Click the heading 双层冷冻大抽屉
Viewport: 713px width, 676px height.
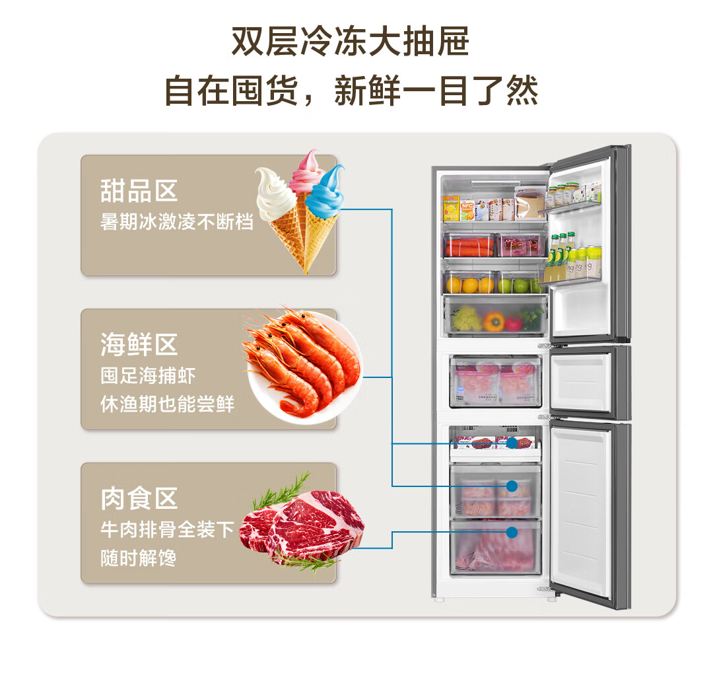tap(350, 42)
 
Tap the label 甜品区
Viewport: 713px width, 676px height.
tap(139, 191)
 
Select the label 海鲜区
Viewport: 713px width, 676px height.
tap(139, 344)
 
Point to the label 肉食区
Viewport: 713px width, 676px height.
tap(139, 498)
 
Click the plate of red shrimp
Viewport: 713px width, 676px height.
tap(303, 363)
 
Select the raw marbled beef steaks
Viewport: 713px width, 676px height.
tap(302, 523)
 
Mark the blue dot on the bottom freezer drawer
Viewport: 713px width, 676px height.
tap(512, 532)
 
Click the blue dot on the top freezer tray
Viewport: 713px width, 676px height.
tap(512, 443)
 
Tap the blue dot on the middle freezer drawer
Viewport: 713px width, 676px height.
tap(512, 486)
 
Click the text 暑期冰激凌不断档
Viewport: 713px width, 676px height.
tap(176, 222)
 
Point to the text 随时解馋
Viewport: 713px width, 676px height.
tap(138, 558)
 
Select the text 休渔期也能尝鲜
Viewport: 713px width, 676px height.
tap(167, 404)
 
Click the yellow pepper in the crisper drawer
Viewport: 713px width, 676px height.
tap(493, 320)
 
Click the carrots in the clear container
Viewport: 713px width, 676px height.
tap(469, 247)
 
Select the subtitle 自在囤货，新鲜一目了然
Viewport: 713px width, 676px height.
tap(351, 91)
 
